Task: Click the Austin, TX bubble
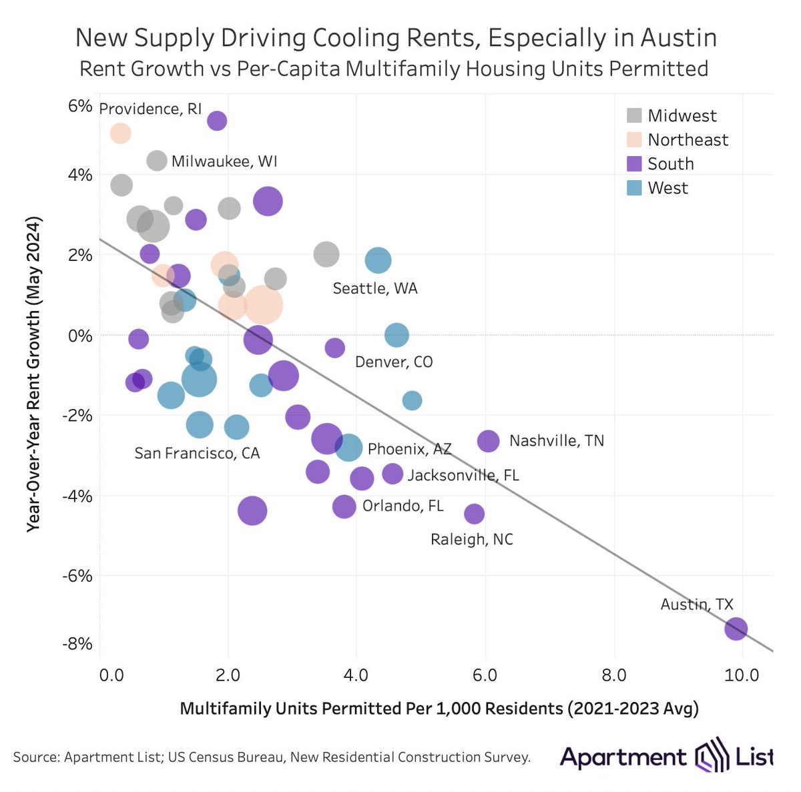(736, 629)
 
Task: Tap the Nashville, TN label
(556, 440)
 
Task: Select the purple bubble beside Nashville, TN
(489, 440)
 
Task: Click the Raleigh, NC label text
(472, 539)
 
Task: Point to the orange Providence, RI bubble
(120, 133)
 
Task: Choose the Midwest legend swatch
(634, 115)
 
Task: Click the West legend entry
(667, 188)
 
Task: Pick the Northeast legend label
(688, 139)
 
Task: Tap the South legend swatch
(634, 164)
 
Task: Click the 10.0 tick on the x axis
(742, 675)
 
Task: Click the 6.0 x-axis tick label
(485, 675)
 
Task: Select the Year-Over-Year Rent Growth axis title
(33, 374)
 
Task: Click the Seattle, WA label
(374, 288)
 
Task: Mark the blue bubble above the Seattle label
(378, 260)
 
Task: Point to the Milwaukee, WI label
(224, 161)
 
